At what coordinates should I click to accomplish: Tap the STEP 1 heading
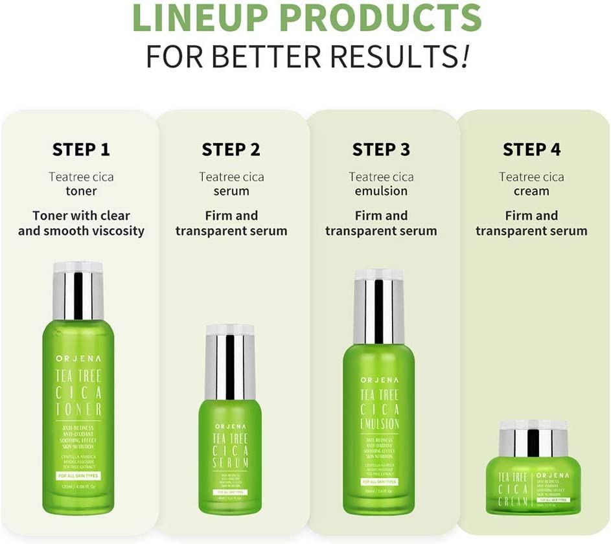81,150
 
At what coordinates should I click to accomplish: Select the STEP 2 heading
231,150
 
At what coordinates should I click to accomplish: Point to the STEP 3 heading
381,150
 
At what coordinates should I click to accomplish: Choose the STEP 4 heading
531,150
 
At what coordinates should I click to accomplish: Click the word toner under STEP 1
81,191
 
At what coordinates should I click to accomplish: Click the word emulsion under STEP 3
381,191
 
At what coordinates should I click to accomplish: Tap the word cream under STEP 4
531,191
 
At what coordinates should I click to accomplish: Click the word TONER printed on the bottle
78,409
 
